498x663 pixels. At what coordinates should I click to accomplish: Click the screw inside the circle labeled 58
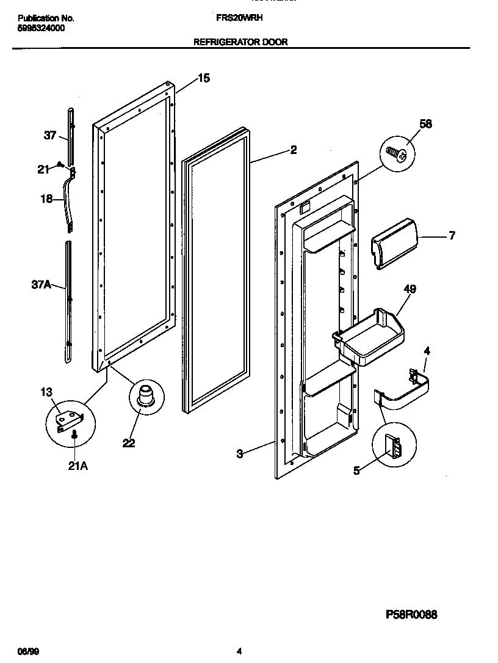pyautogui.click(x=397, y=155)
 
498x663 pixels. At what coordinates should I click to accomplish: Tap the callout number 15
pyautogui.click(x=204, y=78)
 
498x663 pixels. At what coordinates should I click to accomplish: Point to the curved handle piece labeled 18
pyautogui.click(x=66, y=202)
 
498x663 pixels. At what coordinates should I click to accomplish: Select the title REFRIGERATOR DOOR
pyautogui.click(x=240, y=42)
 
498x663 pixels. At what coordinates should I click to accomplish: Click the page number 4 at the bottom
pyautogui.click(x=239, y=652)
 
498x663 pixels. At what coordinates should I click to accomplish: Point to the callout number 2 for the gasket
pyautogui.click(x=293, y=150)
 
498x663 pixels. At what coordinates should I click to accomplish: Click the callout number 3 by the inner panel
pyautogui.click(x=240, y=453)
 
